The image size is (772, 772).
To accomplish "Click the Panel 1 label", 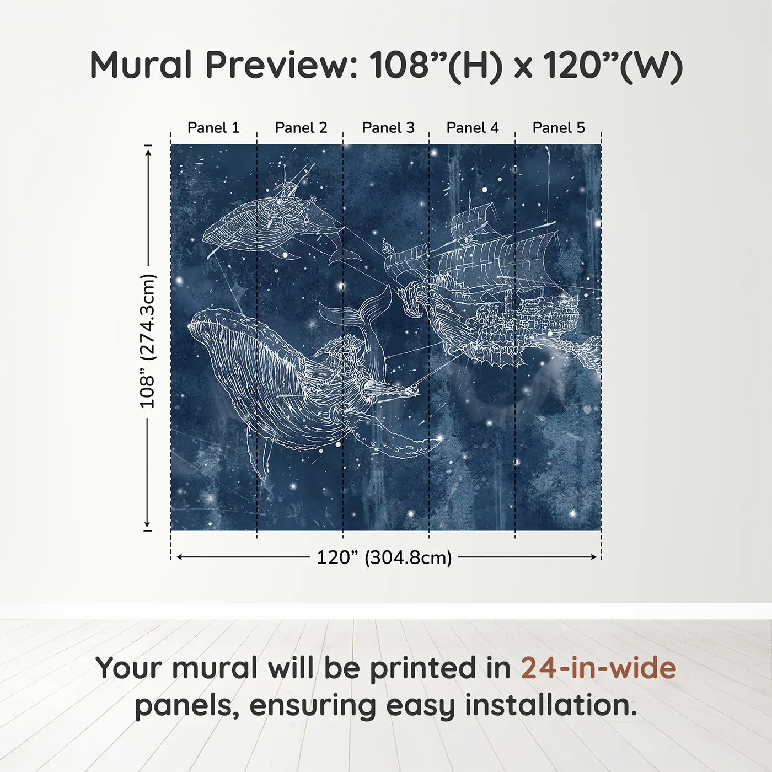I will [x=213, y=127].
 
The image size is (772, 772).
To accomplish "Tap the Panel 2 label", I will [x=301, y=127].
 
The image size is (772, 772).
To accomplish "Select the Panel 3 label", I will [x=388, y=127].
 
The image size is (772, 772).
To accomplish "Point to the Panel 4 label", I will [x=473, y=127].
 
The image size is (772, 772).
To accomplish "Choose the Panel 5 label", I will [x=559, y=127].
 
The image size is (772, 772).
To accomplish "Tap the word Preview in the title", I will [x=282, y=65].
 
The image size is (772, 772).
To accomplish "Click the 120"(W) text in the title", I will [x=613, y=65].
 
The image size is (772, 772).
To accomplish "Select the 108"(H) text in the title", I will [x=436, y=65].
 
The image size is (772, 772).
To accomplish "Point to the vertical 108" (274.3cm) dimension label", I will [x=148, y=341].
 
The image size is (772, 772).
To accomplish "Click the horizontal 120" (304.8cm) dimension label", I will [x=384, y=557].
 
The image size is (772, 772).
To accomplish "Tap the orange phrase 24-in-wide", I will [x=598, y=668].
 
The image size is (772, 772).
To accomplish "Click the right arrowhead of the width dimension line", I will [x=594, y=557].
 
